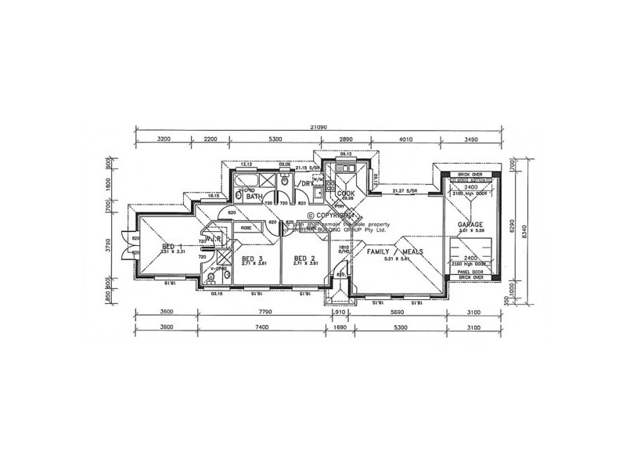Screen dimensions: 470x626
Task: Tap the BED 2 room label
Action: click(304, 258)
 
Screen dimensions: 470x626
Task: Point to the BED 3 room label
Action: click(251, 258)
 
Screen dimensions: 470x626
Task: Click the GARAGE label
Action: click(471, 224)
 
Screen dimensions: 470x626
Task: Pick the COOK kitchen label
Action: click(346, 193)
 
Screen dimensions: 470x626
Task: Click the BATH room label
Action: click(254, 197)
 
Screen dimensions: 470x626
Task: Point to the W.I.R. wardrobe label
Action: click(214, 237)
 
